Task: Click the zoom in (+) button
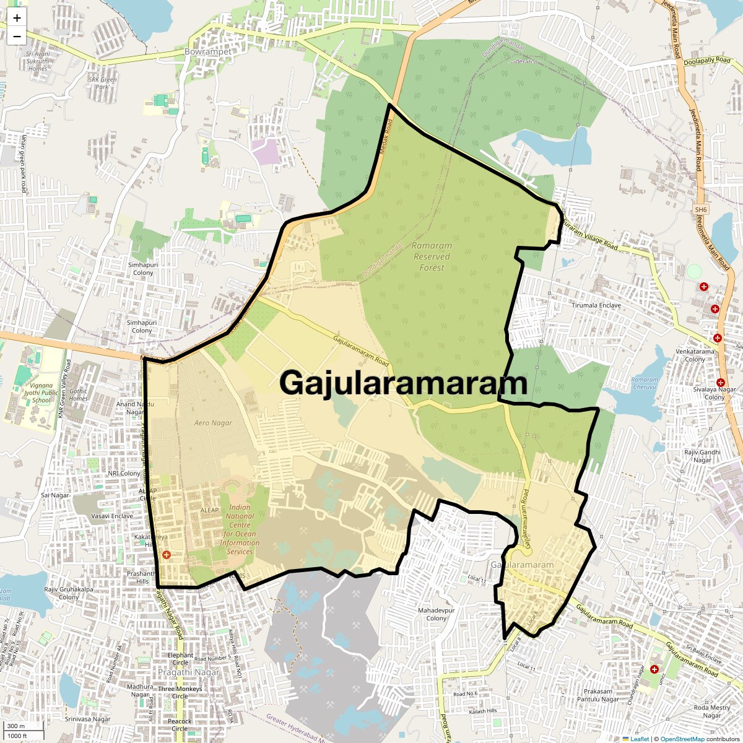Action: coord(17,19)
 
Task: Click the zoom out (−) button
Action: coord(17,37)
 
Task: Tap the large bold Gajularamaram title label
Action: coord(403,383)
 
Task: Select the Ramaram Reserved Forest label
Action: coord(432,256)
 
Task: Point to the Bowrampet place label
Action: coord(208,52)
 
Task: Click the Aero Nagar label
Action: coord(213,423)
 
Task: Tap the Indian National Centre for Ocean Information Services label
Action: coord(240,529)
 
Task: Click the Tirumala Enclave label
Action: coord(596,305)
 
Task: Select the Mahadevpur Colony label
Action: coord(437,614)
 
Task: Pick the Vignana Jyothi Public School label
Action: coord(41,392)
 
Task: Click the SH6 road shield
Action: coord(700,210)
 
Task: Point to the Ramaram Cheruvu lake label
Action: coord(645,383)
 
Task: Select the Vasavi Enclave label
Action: coord(112,516)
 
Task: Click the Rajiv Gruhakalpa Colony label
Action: coord(68,593)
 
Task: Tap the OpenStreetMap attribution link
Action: coord(682,739)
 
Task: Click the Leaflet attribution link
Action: coord(640,739)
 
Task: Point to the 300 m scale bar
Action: coord(17,726)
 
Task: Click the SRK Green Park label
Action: coord(102,83)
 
